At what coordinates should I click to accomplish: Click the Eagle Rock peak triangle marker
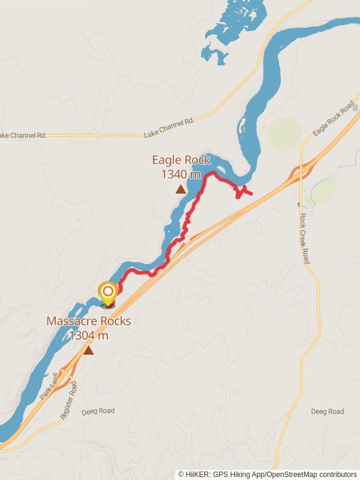tap(181, 190)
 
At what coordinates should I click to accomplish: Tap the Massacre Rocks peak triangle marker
tap(89, 350)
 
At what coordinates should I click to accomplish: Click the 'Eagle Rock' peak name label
tap(181, 160)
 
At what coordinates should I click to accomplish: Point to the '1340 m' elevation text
tap(181, 175)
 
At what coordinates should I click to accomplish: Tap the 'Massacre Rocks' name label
tap(89, 321)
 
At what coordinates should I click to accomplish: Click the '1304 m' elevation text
tap(89, 335)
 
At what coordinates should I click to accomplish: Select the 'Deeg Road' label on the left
tap(98, 411)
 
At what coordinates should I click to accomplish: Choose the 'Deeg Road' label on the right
tap(328, 412)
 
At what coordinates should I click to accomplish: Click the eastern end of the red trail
tap(251, 194)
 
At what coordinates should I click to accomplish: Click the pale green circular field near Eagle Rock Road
tap(284, 134)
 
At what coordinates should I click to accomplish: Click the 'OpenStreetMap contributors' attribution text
tap(313, 474)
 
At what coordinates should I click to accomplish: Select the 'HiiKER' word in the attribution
tap(199, 474)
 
